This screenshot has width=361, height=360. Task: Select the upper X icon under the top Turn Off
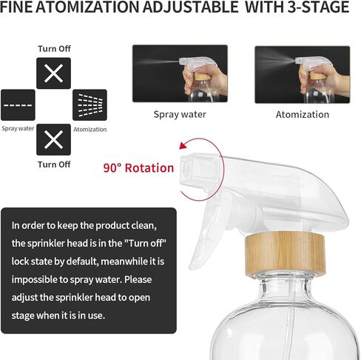[53, 73]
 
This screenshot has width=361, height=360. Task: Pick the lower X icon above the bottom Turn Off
[53, 139]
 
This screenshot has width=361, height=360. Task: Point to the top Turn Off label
[54, 49]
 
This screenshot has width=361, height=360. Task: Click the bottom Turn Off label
[54, 164]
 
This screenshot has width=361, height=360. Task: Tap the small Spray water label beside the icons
[18, 128]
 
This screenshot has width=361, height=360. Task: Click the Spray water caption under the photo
[179, 114]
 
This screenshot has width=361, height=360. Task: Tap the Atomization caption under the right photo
[303, 114]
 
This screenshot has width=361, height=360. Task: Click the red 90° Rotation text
[138, 167]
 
